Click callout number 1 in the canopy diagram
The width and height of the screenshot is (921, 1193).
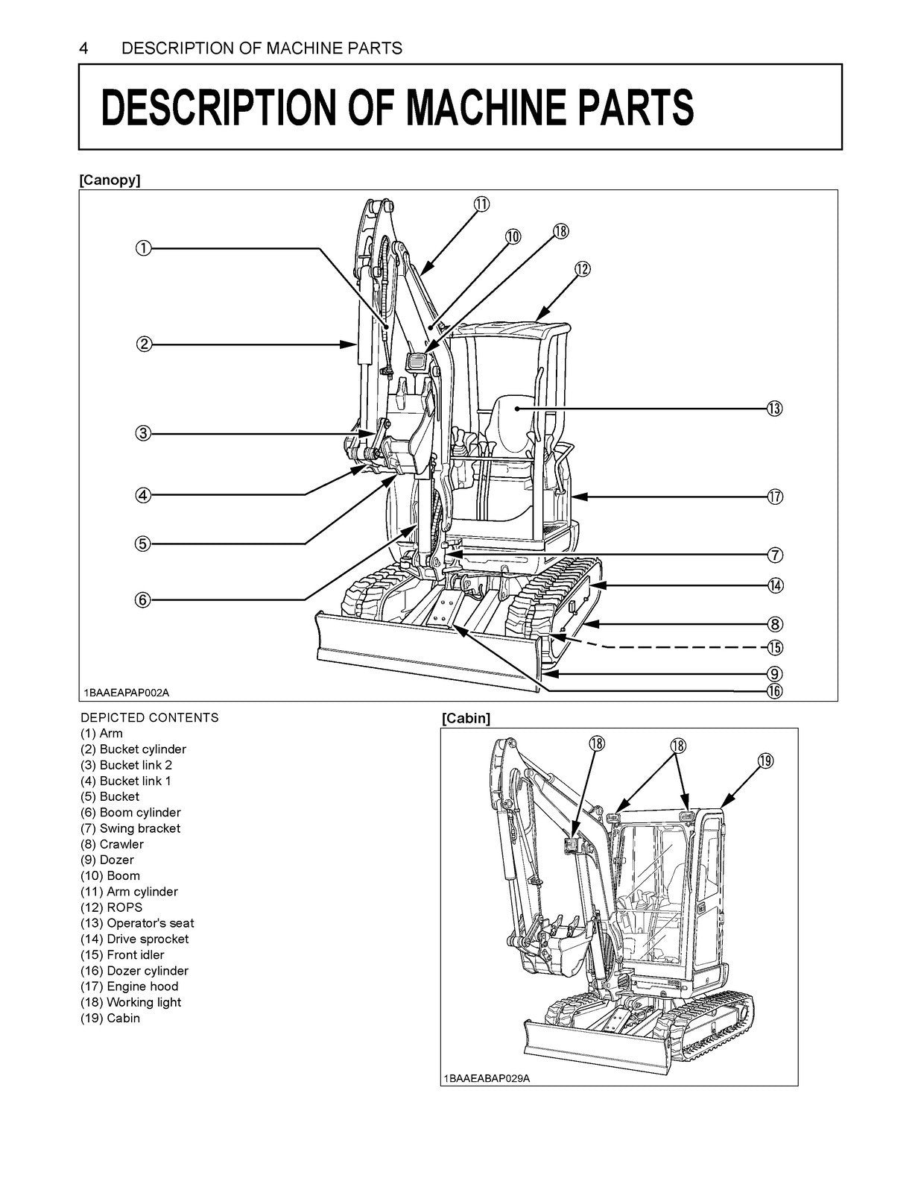coord(143,248)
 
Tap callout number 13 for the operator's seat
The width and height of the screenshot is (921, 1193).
coord(774,409)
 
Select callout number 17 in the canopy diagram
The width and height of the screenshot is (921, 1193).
coord(774,497)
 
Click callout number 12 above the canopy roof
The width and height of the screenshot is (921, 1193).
coord(582,269)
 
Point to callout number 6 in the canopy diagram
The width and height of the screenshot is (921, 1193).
coord(143,599)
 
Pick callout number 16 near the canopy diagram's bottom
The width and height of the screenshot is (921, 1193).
coord(774,691)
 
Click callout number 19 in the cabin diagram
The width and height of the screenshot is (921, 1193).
coord(765,761)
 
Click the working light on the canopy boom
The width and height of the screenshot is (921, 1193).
coord(416,363)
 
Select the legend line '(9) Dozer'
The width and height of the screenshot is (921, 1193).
coord(107,860)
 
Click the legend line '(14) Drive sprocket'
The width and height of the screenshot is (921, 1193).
coord(134,939)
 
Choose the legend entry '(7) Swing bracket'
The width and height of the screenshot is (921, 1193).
coord(130,828)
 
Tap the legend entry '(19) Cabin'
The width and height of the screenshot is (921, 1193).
coord(110,1018)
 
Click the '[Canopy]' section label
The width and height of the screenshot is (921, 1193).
coord(110,180)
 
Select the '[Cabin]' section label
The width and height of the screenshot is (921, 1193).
coord(466,718)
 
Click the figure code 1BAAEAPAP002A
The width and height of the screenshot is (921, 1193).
coord(127,693)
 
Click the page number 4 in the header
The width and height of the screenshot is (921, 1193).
coord(84,49)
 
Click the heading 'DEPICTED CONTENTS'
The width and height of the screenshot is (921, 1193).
coord(150,717)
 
